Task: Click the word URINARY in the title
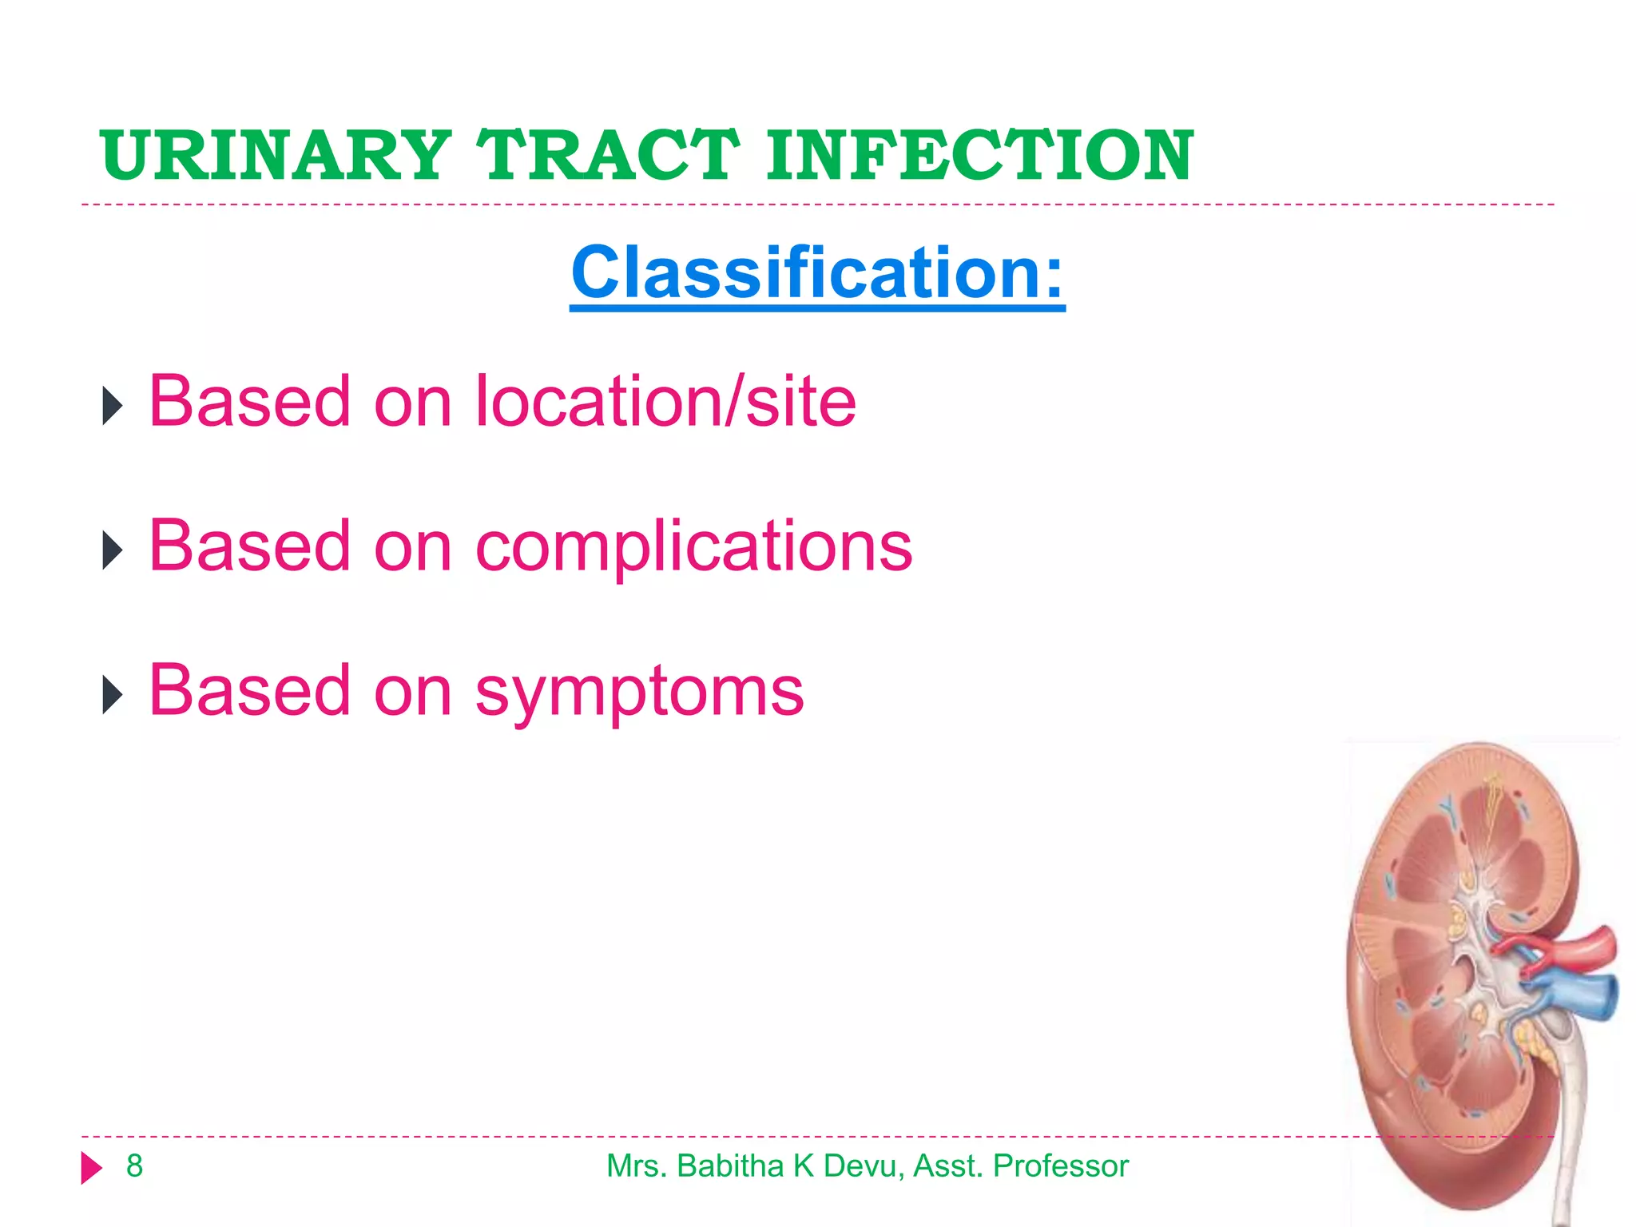pyautogui.click(x=276, y=155)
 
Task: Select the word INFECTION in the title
pyautogui.click(x=979, y=155)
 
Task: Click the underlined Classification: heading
pyautogui.click(x=817, y=273)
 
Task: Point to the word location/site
pyautogui.click(x=665, y=401)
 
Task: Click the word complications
pyautogui.click(x=693, y=546)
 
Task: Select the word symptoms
pyautogui.click(x=639, y=692)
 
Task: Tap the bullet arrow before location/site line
pyautogui.click(x=113, y=406)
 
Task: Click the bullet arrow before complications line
pyautogui.click(x=113, y=550)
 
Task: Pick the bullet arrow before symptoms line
pyautogui.click(x=113, y=695)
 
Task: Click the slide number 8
pyautogui.click(x=134, y=1166)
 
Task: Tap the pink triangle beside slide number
pyautogui.click(x=92, y=1168)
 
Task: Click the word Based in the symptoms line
pyautogui.click(x=249, y=692)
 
